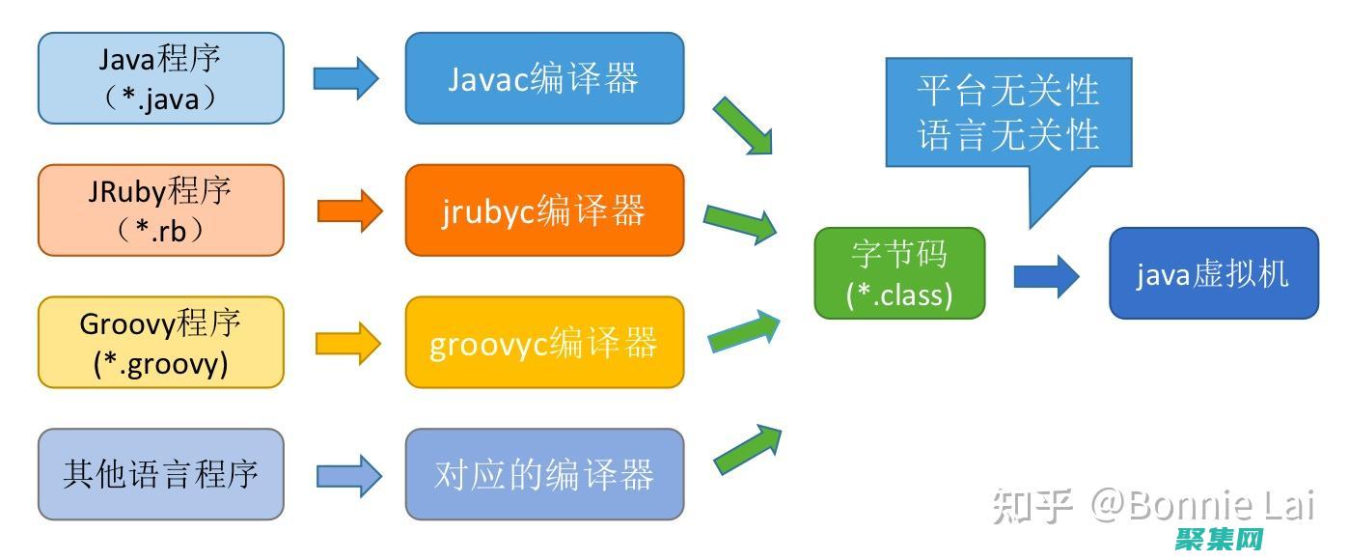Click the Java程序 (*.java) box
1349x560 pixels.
click(x=161, y=78)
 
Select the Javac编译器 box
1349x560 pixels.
click(x=544, y=78)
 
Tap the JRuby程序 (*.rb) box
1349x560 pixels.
click(x=161, y=210)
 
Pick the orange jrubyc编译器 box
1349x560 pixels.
click(x=544, y=210)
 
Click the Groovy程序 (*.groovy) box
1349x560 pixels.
click(x=161, y=343)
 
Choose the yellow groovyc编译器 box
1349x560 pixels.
click(x=544, y=343)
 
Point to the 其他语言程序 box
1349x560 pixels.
click(x=161, y=474)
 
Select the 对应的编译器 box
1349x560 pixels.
click(x=544, y=474)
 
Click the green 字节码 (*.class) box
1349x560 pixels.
click(x=899, y=273)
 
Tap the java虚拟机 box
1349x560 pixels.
click(x=1213, y=273)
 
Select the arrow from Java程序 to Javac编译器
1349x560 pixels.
click(x=345, y=77)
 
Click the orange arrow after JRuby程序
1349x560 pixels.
click(x=349, y=210)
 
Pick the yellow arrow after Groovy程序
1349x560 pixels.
click(x=347, y=342)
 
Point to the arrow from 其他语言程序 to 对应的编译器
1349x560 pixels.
click(x=347, y=474)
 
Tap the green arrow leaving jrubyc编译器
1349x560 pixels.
click(x=740, y=224)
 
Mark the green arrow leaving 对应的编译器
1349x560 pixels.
click(x=747, y=449)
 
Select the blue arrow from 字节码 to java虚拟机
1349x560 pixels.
click(x=1046, y=276)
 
